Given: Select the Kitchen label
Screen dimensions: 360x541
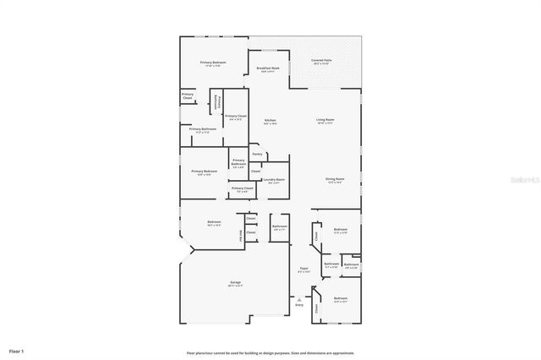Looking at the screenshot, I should pos(270,122).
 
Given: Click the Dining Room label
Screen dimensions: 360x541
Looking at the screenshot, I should pos(335,179).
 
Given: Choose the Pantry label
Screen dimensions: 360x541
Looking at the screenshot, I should pos(256,154).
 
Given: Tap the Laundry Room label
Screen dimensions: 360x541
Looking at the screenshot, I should pos(274,180).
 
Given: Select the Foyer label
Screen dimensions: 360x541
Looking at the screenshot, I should pos(304,270).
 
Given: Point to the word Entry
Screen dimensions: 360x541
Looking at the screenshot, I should pos(299,304).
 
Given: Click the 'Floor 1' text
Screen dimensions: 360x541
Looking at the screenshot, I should pos(17,350).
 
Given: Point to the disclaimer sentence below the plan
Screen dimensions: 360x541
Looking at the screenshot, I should pos(270,353).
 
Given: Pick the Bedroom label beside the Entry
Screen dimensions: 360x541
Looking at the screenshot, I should pos(341,298).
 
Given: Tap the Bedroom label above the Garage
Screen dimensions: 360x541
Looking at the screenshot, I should pos(214,223).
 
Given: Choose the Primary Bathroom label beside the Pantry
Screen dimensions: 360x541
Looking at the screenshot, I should pos(238,162).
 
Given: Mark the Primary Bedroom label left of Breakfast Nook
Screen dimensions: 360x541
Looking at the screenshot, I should pos(213,63).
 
